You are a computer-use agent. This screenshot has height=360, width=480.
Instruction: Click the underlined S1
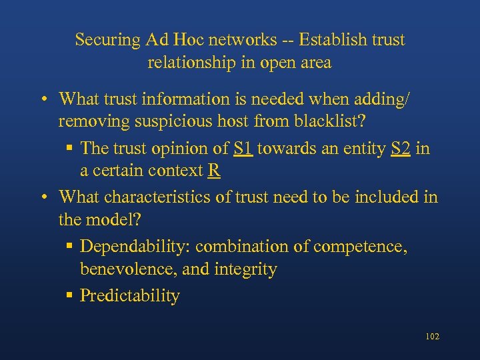tap(243, 148)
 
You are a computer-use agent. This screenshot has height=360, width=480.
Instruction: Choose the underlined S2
tap(401, 148)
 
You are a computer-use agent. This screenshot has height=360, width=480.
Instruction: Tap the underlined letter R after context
tap(214, 171)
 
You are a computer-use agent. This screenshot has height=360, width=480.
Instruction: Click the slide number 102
tap(432, 337)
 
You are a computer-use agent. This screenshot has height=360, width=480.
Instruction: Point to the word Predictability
tap(130, 296)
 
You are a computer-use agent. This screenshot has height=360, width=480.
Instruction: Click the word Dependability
tap(135, 247)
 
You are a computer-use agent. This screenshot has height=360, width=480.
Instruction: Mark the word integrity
tap(245, 270)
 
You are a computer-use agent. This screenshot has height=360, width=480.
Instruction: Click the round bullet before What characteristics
tap(43, 197)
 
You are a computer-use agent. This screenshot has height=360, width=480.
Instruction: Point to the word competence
tap(359, 247)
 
